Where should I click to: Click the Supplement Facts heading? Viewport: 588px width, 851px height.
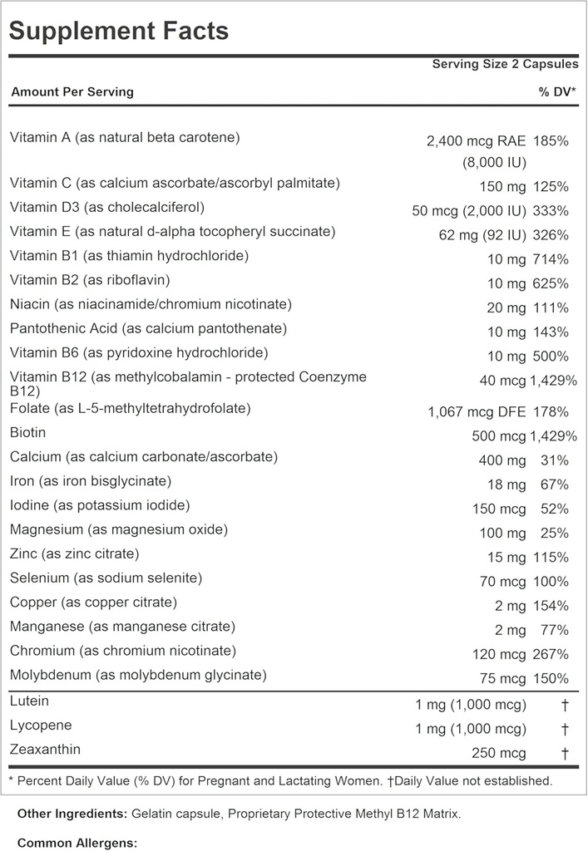coord(118,32)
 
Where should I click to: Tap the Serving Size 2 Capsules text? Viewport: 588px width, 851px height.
coord(505,64)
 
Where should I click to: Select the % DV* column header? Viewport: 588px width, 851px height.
coord(557,91)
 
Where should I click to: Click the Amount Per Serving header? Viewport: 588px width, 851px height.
coord(72,91)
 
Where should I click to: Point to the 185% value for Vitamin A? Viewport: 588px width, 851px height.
coord(551,141)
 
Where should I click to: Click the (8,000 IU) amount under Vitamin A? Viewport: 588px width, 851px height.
coord(494,163)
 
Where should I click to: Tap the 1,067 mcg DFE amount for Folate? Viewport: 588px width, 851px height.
coord(475,411)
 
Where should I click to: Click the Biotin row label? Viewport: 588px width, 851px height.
coord(27,432)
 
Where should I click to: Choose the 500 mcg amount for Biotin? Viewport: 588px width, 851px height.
coord(498,435)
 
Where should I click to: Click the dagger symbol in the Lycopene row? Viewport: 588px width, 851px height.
coord(564,730)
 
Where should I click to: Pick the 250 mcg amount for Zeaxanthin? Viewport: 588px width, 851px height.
coord(498,753)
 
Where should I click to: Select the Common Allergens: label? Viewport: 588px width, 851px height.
coord(77,843)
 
